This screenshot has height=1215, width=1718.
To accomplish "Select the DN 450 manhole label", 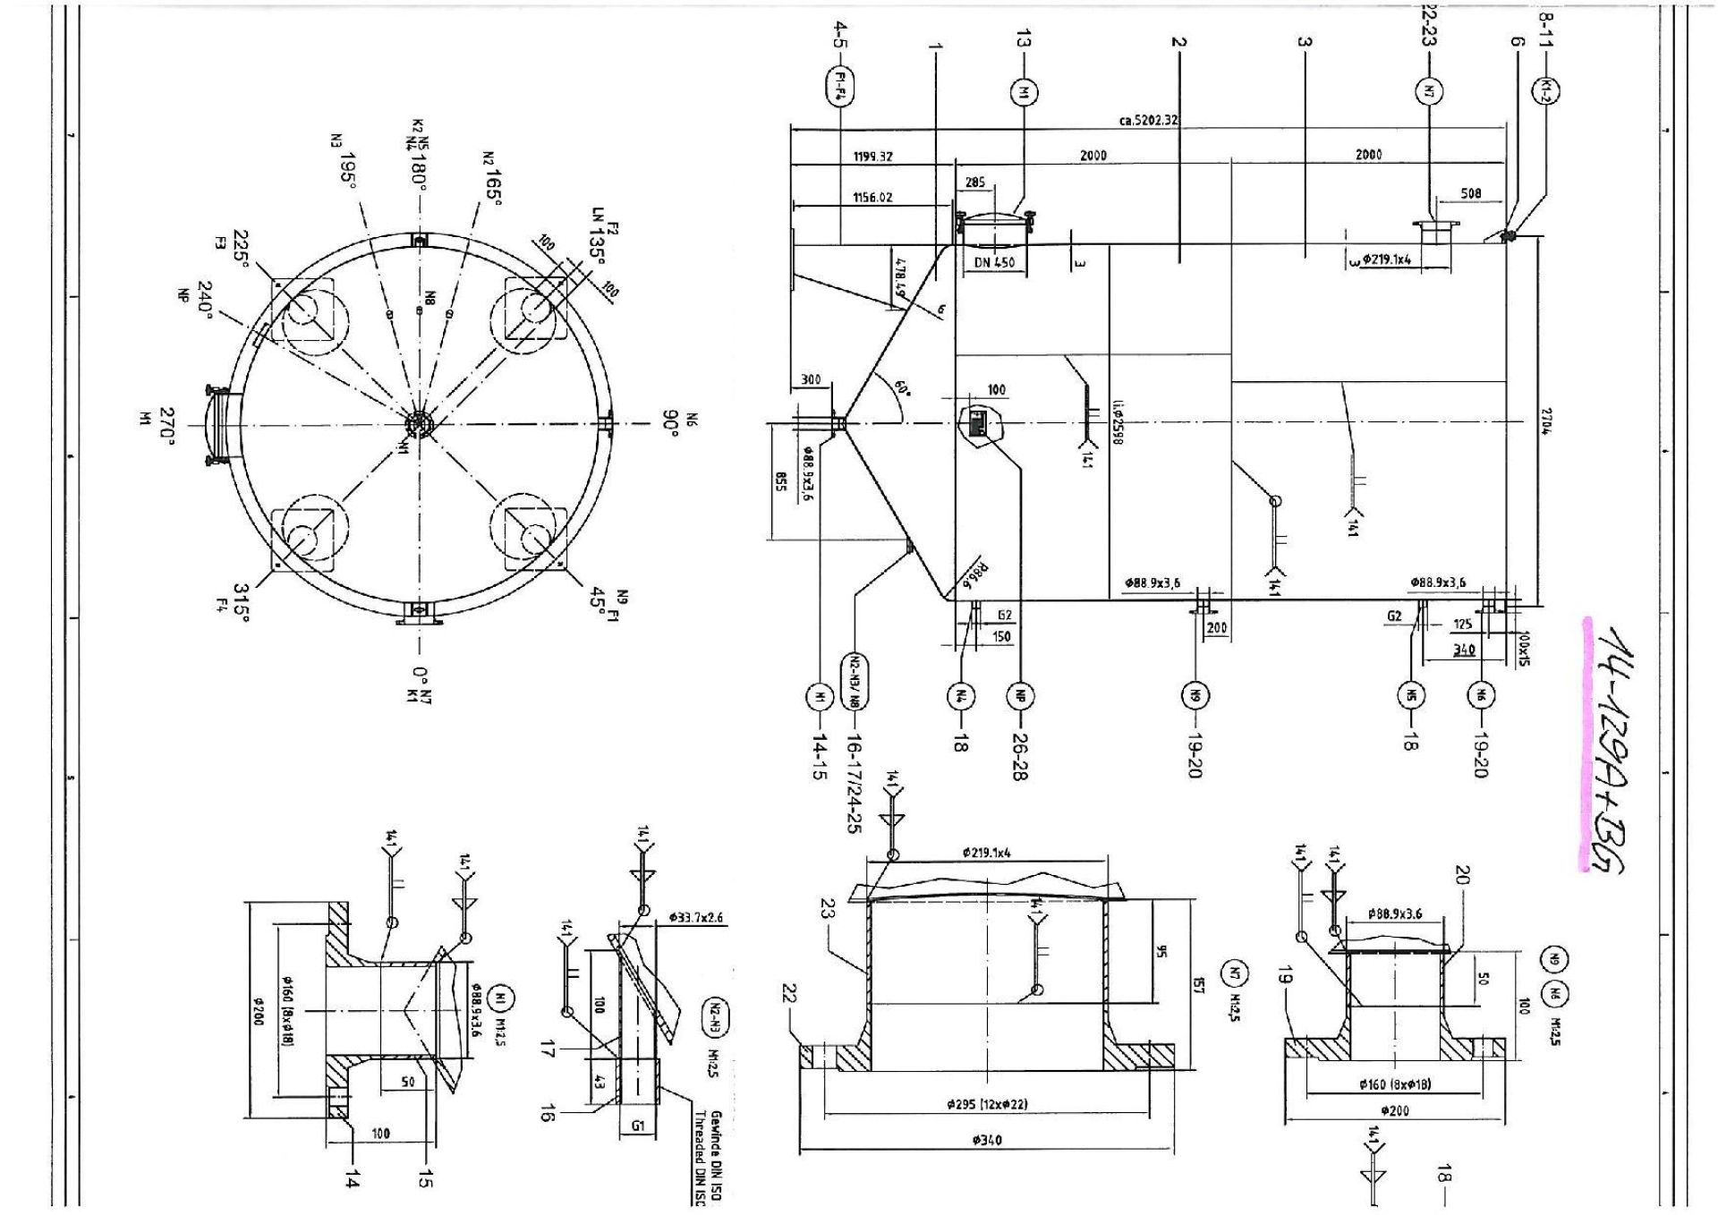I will (993, 263).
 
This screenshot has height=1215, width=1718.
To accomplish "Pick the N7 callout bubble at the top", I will (1429, 90).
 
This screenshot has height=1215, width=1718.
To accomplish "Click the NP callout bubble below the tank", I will (1019, 695).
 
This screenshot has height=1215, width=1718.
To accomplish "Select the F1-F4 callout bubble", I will (840, 87).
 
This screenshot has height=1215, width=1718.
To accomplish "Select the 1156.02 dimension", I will (872, 198).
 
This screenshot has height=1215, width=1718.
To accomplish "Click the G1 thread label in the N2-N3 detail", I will (638, 1126).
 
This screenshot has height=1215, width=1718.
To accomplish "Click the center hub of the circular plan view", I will (418, 422).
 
